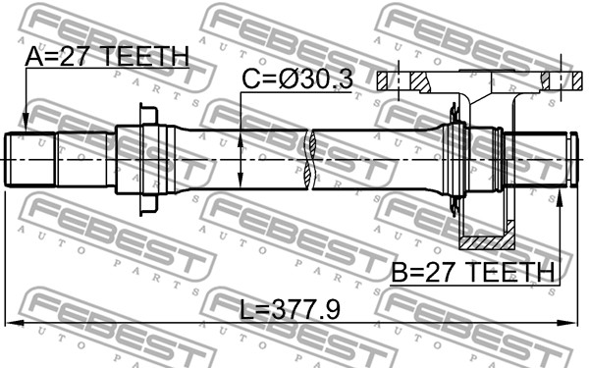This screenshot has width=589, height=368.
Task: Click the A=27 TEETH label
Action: [x=107, y=57]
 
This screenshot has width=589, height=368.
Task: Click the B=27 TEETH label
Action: [x=473, y=273]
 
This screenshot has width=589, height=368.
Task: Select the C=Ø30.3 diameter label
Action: [x=297, y=79]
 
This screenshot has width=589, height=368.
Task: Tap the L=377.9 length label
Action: [x=290, y=310]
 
